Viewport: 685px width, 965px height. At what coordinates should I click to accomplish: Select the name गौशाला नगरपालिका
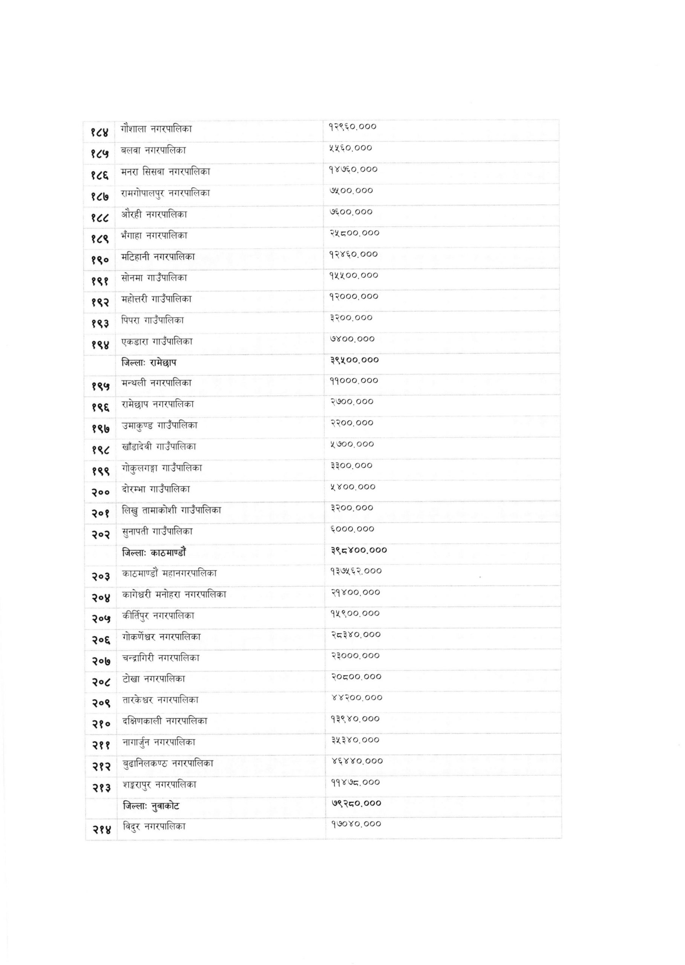point(156,129)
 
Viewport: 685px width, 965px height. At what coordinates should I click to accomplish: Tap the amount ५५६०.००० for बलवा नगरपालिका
point(351,148)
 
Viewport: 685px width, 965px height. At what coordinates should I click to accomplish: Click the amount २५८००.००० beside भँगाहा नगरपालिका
point(354,233)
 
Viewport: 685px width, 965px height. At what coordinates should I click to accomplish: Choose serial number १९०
point(100,260)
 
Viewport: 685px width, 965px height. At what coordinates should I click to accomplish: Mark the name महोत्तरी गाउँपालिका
point(156,299)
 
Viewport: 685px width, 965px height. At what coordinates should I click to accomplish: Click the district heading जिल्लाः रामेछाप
point(149,362)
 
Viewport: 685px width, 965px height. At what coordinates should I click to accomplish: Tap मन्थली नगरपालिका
point(156,383)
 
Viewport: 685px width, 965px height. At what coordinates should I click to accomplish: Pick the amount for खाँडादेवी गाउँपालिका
point(352,444)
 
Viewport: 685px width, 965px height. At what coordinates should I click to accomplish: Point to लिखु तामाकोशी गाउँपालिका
point(171,510)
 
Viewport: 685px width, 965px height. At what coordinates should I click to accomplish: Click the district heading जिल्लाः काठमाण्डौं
point(154,552)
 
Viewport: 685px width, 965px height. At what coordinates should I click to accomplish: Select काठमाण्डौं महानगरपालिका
point(170,574)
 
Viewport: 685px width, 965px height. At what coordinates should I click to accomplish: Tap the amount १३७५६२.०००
point(356,571)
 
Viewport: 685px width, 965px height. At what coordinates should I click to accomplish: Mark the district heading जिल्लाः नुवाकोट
point(151,806)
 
